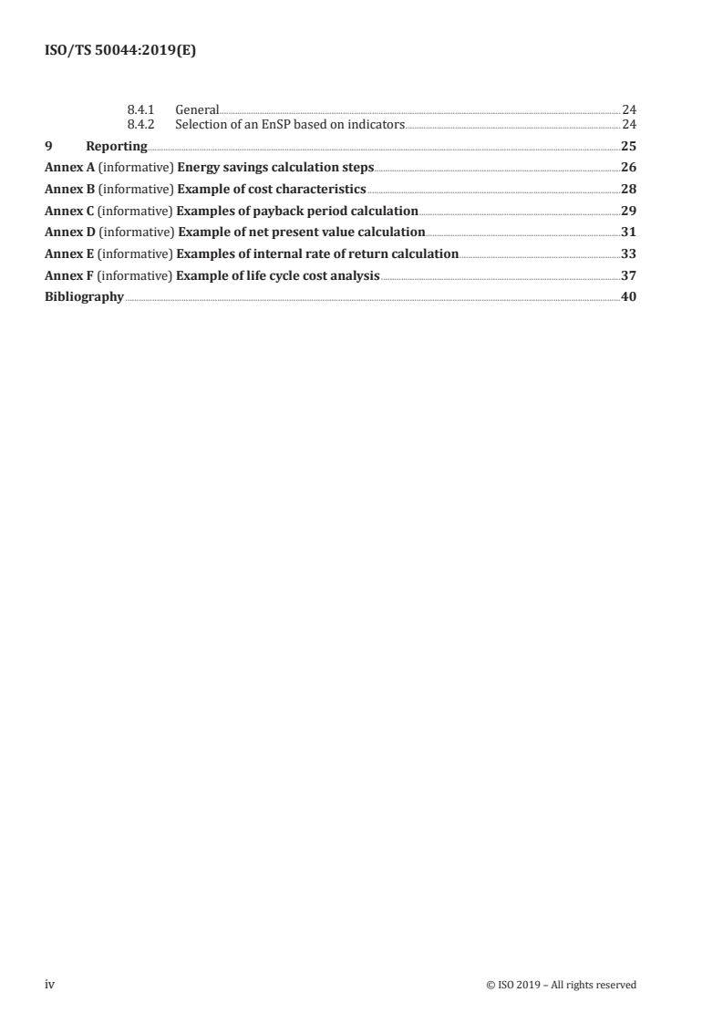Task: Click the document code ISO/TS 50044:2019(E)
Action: pos(120,52)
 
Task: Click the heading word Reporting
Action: pos(116,146)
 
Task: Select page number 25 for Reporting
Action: pos(628,146)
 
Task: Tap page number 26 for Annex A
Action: pos(628,168)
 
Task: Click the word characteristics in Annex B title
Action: pos(316,190)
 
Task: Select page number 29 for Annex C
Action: pos(628,211)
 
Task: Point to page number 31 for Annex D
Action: pos(628,232)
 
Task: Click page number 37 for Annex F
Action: pos(628,275)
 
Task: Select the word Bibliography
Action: pos(84,296)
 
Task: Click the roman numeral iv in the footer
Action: pos(49,985)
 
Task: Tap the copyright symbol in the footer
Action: pos(491,985)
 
